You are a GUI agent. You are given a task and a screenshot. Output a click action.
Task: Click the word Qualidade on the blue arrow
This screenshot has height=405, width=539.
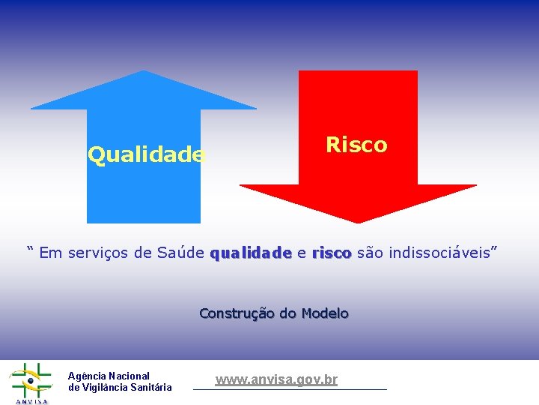146,155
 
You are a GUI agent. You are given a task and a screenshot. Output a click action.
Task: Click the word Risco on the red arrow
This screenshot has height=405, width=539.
356,145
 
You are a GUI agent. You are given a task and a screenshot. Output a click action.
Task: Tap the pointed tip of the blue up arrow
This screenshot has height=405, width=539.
143,72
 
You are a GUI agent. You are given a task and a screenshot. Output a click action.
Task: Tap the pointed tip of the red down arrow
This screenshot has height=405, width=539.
358,221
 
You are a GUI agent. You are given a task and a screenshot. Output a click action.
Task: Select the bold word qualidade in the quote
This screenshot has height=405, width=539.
251,253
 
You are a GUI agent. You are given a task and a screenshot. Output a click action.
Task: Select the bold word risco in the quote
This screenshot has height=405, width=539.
332,253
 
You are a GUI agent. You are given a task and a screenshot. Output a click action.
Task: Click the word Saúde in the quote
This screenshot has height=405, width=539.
180,253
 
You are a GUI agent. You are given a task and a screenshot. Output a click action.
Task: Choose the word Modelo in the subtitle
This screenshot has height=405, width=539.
325,313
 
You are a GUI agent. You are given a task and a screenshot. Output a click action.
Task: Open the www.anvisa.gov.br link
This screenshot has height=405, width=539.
276,380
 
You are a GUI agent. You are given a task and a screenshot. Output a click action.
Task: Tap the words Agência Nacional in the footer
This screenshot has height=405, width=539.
109,376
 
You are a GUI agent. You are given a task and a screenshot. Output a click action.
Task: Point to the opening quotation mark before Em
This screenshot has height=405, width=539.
31,250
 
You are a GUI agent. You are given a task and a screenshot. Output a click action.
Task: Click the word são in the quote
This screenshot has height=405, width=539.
368,253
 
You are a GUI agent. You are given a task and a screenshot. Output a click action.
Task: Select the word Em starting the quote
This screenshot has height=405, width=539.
51,253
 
